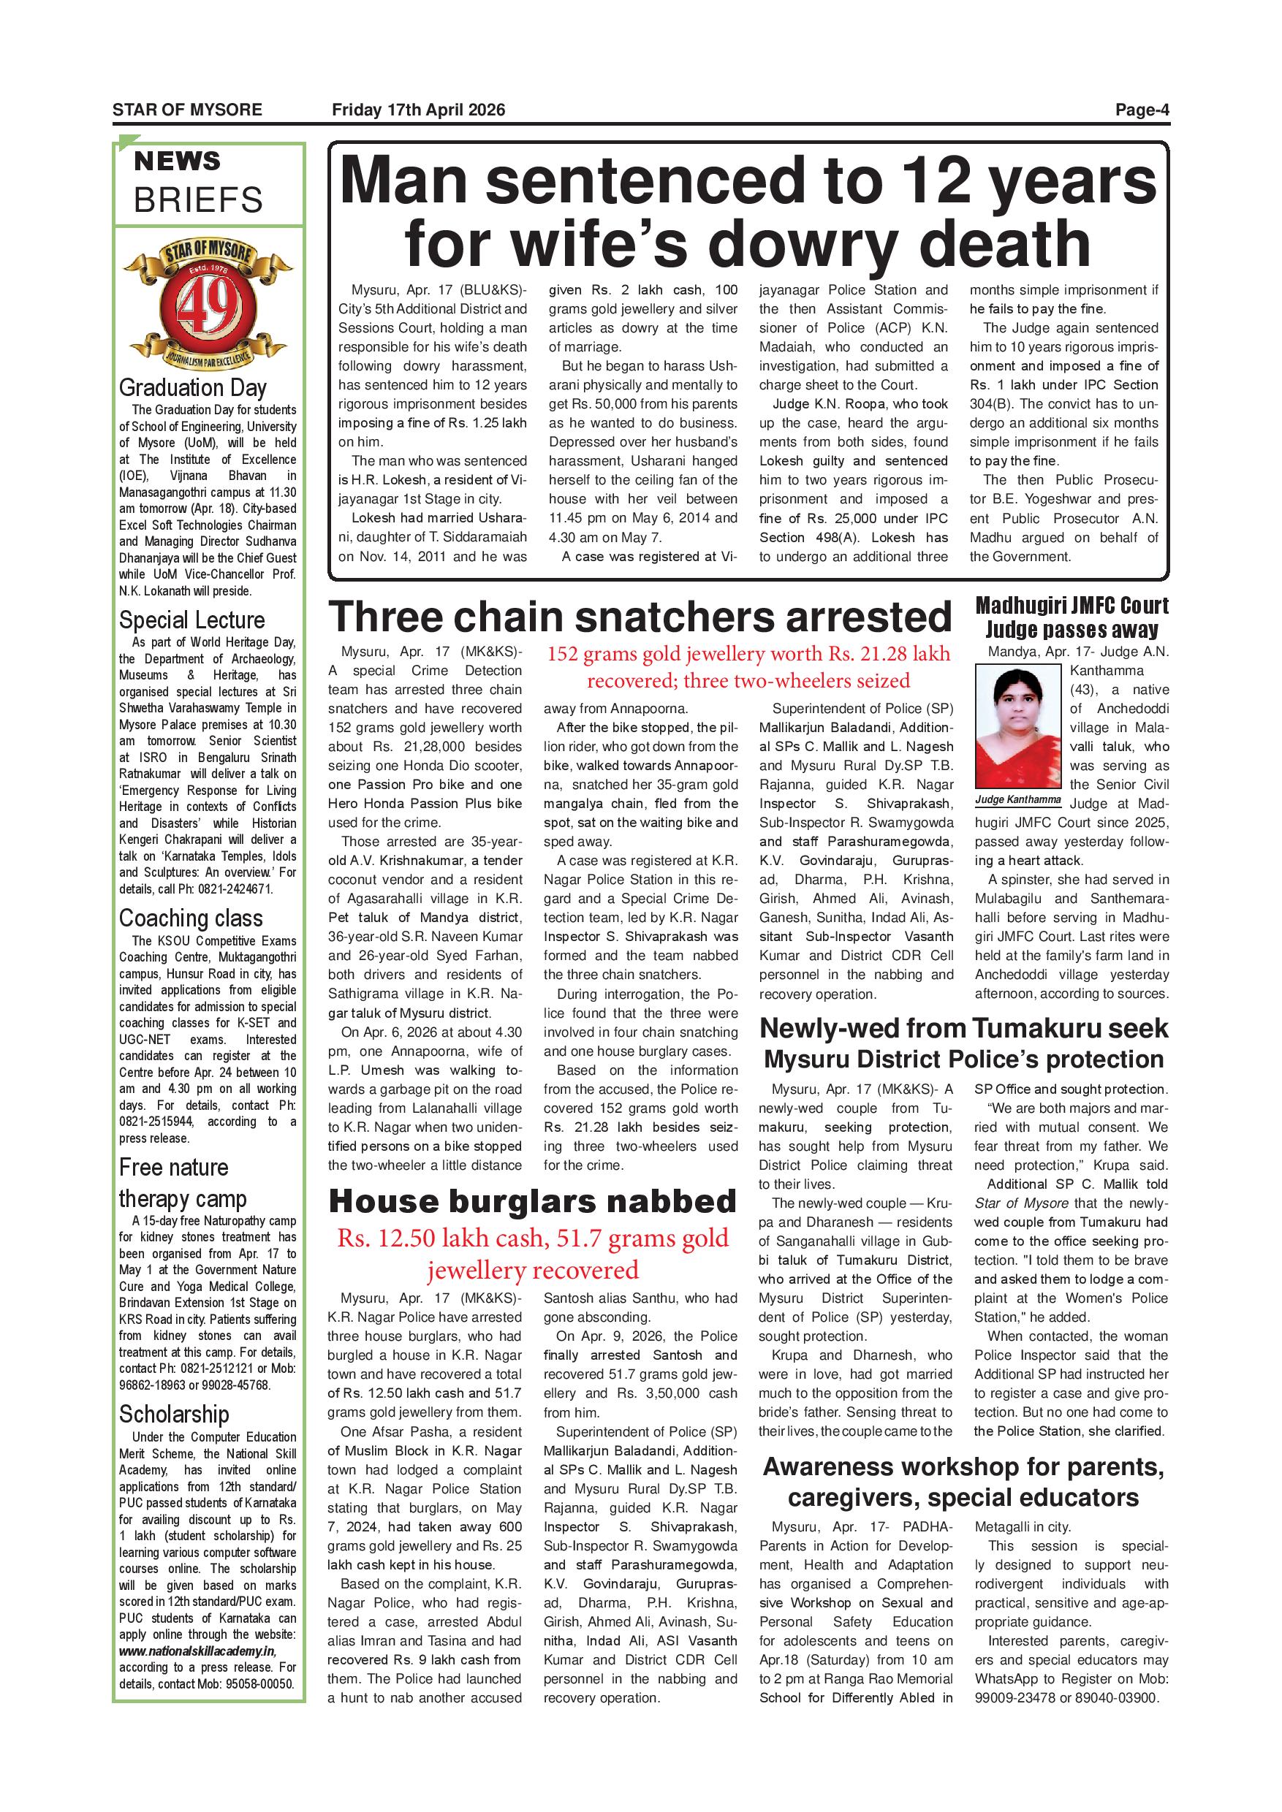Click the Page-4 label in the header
point(1142,110)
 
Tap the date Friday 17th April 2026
point(418,110)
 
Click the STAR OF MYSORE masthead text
point(187,110)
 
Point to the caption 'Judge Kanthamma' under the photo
point(1018,799)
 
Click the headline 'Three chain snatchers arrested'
point(640,617)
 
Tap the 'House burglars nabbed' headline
point(532,1201)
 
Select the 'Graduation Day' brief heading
point(193,387)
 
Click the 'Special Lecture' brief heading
point(191,620)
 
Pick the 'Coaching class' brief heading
point(191,918)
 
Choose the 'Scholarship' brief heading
point(175,1415)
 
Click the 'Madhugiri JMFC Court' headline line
point(1072,606)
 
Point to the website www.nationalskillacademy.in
point(197,1651)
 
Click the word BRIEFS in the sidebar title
point(198,200)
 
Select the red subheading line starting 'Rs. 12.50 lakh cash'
point(532,1238)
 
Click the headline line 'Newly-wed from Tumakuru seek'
point(963,1028)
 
